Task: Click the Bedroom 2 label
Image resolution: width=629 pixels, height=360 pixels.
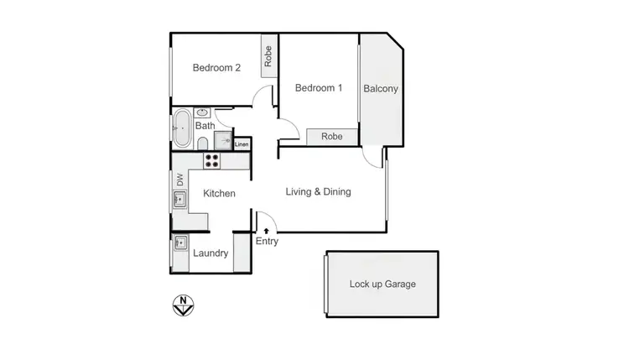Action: (216, 69)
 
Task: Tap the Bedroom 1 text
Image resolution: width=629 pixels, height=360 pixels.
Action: (319, 88)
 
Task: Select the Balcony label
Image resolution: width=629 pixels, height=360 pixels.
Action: (380, 89)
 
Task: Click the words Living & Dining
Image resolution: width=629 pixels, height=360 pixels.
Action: (318, 192)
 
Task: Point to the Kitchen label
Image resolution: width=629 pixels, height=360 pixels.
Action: (219, 194)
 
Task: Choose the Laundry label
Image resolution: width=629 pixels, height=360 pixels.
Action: (211, 253)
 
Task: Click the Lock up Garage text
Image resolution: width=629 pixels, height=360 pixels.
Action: (382, 284)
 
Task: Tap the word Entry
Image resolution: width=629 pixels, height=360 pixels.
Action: (267, 242)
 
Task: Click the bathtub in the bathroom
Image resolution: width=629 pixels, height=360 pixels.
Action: (180, 128)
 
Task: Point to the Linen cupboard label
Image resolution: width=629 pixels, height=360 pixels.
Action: (242, 144)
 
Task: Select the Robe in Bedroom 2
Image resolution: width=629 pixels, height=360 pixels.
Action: (268, 56)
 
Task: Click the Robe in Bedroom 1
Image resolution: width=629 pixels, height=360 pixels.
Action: (331, 136)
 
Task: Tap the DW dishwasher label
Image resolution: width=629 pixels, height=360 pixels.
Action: (179, 179)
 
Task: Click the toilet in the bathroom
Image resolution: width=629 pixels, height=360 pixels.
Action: (203, 143)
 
